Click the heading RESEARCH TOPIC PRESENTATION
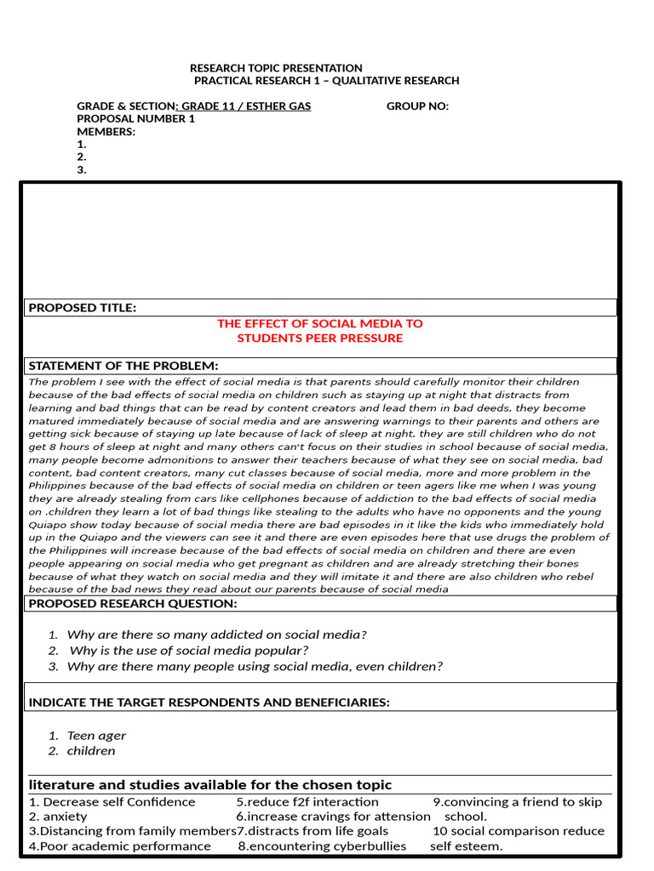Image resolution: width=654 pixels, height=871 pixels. [275, 68]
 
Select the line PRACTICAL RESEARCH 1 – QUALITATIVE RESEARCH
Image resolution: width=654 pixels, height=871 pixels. [326, 81]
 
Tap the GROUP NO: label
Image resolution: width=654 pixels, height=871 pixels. [417, 106]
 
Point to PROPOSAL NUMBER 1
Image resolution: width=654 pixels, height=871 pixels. [135, 119]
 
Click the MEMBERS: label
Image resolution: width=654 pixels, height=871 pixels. [106, 132]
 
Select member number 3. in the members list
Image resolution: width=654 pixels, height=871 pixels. [82, 169]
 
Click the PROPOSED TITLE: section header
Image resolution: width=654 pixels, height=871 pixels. [83, 308]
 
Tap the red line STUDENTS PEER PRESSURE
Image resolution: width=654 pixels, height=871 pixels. [319, 338]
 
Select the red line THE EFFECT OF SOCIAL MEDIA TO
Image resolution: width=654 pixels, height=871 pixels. [319, 323]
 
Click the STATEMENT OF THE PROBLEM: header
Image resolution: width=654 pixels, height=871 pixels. [123, 366]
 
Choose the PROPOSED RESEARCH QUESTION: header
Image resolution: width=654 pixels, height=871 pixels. [134, 603]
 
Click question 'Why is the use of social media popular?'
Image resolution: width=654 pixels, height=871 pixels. [189, 651]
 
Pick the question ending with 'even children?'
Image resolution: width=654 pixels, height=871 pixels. [255, 666]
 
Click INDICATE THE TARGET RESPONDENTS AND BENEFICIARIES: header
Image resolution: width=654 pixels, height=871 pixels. [209, 703]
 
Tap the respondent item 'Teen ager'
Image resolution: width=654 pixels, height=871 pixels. [96, 736]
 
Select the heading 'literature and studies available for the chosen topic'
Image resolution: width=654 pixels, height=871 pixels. [210, 784]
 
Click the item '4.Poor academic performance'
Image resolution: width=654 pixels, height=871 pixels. [120, 845]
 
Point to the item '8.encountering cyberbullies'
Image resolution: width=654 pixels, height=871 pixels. [322, 845]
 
